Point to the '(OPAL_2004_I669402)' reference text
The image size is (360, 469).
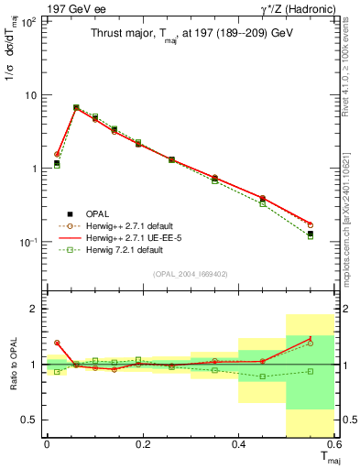189,272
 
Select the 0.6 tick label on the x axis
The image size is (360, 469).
335,444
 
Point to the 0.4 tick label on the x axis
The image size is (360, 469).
238,444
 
